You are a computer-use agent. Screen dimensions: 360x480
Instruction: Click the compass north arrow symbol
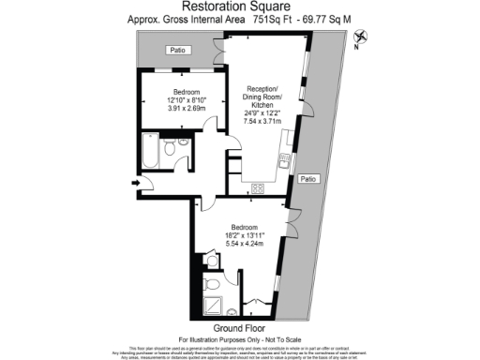pos(374,37)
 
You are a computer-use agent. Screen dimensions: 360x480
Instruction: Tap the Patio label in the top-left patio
pos(174,50)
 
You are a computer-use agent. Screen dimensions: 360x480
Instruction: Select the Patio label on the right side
pos(307,177)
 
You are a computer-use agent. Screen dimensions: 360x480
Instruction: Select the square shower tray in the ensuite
pos(212,306)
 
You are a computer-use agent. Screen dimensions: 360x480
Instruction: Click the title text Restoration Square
pos(239,7)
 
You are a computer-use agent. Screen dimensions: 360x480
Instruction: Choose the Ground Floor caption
pos(241,327)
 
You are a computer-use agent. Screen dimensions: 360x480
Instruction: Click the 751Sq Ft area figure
pos(259,18)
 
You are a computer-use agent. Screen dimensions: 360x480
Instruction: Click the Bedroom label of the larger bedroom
pos(245,226)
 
